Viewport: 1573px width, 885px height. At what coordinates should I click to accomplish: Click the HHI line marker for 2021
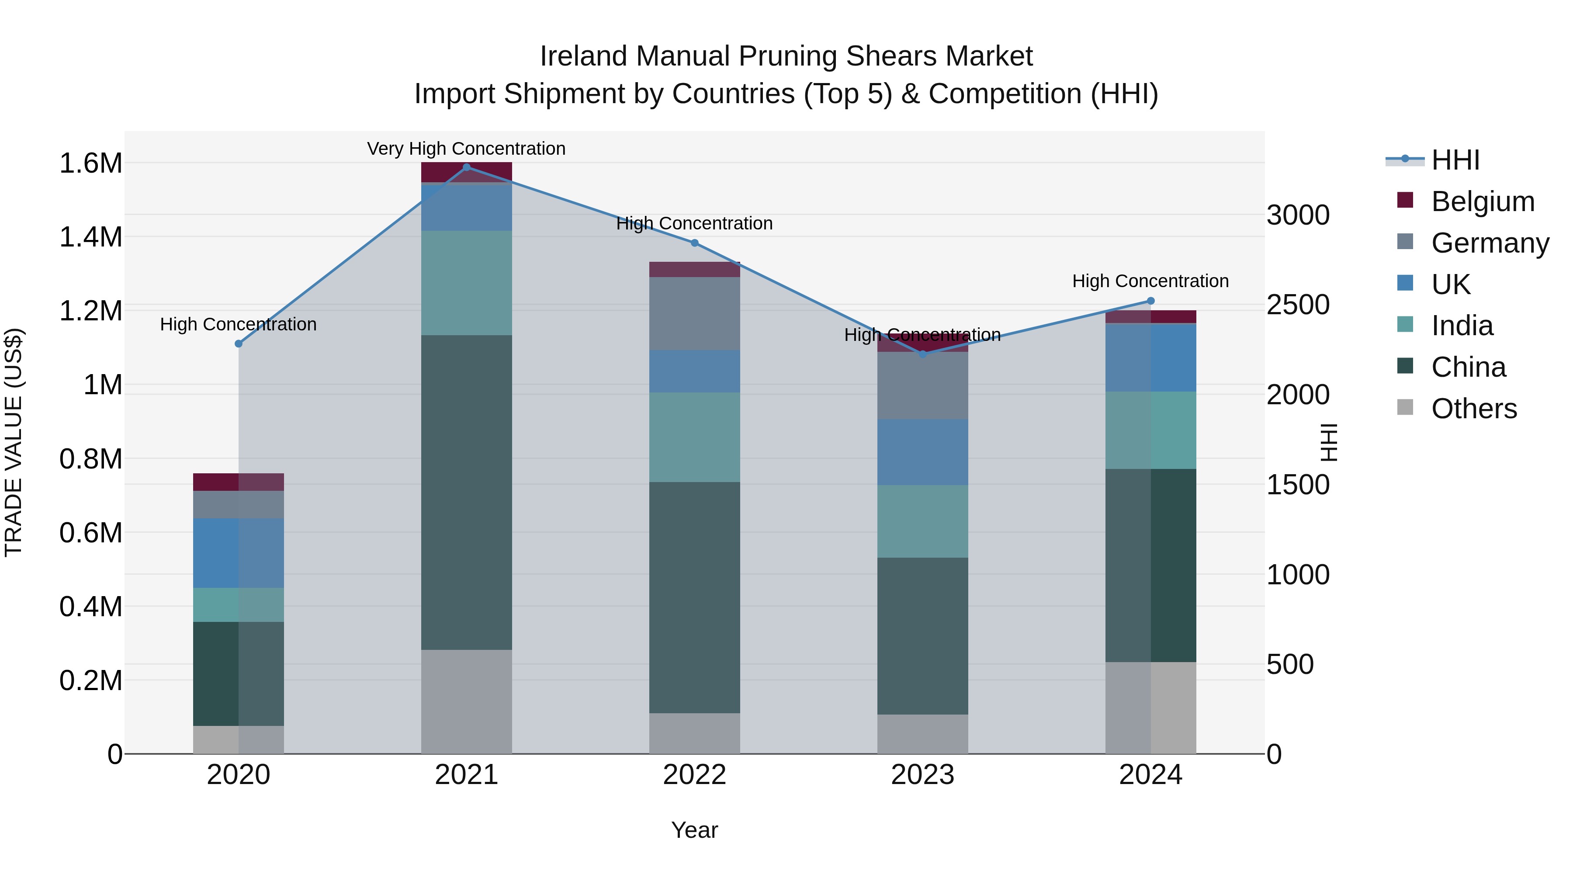click(467, 167)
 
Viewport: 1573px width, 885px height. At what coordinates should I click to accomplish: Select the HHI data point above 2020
click(239, 344)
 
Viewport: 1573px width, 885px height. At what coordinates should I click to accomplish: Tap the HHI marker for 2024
click(1150, 301)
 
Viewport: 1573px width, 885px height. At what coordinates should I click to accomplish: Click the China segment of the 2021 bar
click(467, 492)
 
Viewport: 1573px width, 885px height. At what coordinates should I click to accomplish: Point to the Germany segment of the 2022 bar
click(694, 313)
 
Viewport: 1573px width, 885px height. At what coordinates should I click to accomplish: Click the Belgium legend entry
click(1482, 201)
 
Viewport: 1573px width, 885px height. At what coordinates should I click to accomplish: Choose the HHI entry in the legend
click(1455, 160)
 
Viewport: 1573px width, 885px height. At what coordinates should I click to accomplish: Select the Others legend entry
click(1473, 409)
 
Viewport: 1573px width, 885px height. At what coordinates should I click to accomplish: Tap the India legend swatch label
click(1462, 326)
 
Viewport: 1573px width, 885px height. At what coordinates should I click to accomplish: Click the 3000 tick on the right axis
click(1298, 215)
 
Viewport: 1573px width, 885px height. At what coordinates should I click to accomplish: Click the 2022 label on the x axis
click(694, 775)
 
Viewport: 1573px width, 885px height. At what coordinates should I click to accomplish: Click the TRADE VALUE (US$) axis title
click(14, 442)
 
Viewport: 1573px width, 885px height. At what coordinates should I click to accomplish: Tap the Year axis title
click(694, 830)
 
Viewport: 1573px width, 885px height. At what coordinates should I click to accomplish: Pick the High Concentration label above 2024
click(1150, 281)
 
